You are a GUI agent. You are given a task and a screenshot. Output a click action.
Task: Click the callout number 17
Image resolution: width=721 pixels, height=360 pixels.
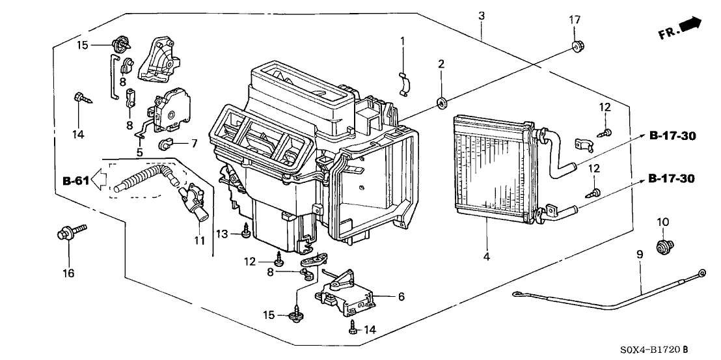(574, 20)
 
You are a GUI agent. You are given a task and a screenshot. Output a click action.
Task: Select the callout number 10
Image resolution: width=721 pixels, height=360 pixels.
(662, 223)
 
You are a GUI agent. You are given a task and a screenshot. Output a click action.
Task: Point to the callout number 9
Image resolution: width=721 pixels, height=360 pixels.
(639, 255)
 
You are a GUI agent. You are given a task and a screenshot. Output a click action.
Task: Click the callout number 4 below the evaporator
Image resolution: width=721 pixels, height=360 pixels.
(485, 256)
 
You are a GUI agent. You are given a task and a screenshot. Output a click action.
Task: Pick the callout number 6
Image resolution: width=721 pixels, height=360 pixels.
(401, 297)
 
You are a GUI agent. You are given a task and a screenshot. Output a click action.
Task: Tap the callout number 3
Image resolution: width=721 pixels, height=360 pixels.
(481, 14)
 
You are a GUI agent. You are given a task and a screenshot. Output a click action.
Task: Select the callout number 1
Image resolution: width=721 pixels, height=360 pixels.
(402, 41)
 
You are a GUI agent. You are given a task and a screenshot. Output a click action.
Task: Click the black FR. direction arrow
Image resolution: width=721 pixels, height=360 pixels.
(690, 25)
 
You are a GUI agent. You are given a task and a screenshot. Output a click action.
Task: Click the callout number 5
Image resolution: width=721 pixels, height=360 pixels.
(139, 152)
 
